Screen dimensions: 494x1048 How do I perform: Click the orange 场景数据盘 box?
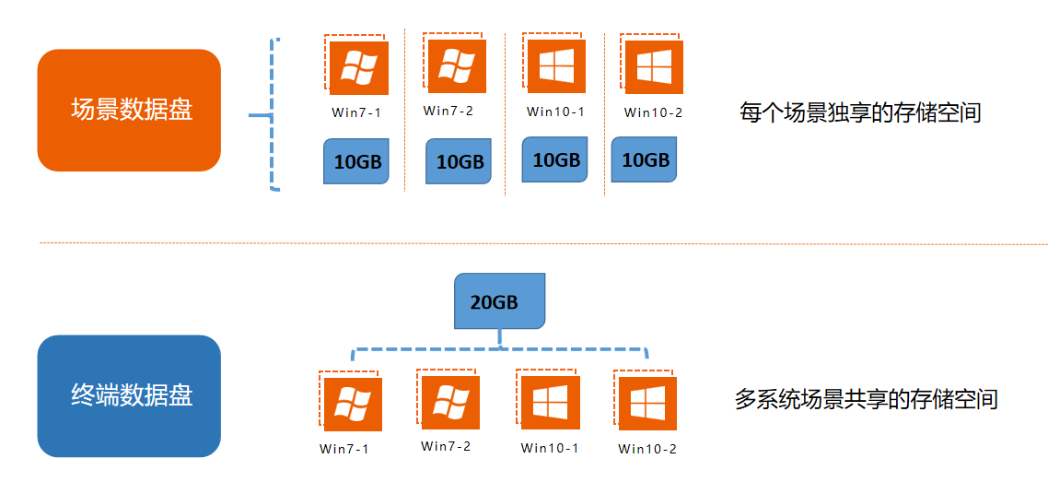(x=129, y=110)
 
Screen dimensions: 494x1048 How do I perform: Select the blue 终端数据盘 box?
(x=129, y=395)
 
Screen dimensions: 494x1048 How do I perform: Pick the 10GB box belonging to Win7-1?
(x=356, y=162)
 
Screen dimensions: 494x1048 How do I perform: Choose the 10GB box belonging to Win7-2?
(x=459, y=162)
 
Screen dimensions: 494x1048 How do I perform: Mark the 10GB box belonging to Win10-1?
(x=555, y=159)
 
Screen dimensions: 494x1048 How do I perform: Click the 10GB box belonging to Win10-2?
(x=644, y=159)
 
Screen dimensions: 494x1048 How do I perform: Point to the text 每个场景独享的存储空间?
(x=860, y=113)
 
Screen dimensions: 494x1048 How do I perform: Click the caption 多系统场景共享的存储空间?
(x=866, y=399)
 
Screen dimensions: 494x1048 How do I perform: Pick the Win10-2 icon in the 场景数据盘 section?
(x=654, y=67)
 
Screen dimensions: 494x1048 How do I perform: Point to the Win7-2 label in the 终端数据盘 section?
(x=446, y=446)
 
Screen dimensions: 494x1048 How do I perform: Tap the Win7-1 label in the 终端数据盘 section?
(x=344, y=449)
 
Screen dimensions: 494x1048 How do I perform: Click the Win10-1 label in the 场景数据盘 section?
(x=555, y=112)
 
